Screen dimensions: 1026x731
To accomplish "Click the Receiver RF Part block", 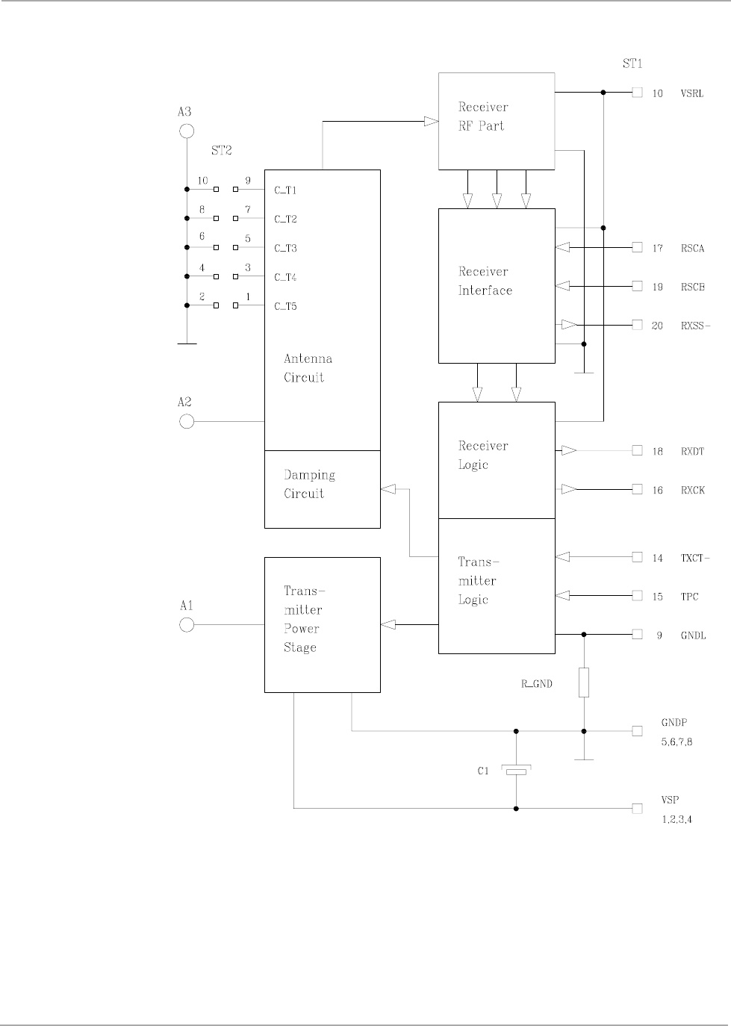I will (496, 120).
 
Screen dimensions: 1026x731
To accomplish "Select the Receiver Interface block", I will (496, 285).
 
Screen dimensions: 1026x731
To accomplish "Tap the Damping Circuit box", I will (322, 489).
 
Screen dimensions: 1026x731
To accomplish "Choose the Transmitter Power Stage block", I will (322, 624).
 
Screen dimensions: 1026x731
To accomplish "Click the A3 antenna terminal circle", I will (187, 132).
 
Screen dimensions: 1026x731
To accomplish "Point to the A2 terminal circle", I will (187, 421).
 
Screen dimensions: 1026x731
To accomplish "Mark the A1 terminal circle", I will (187, 624).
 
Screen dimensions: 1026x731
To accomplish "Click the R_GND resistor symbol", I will (584, 683).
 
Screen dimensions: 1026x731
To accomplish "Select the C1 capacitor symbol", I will (516, 771).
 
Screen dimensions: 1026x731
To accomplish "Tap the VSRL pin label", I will (691, 93).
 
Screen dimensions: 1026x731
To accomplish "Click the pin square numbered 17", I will (637, 247).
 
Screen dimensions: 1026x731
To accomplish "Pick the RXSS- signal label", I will (695, 326).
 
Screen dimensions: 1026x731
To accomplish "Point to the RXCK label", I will (692, 491).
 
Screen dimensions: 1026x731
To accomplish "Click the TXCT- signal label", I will (695, 558).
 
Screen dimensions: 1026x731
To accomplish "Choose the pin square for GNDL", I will (637, 634).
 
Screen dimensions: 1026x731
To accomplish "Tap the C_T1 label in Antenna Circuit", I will (285, 190).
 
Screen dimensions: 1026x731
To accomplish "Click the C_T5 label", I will (285, 306).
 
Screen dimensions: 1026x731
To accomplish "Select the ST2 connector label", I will (222, 150).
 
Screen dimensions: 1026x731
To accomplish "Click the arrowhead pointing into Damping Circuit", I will (388, 489).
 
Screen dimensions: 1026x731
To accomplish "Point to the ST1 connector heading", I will (632, 64).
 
